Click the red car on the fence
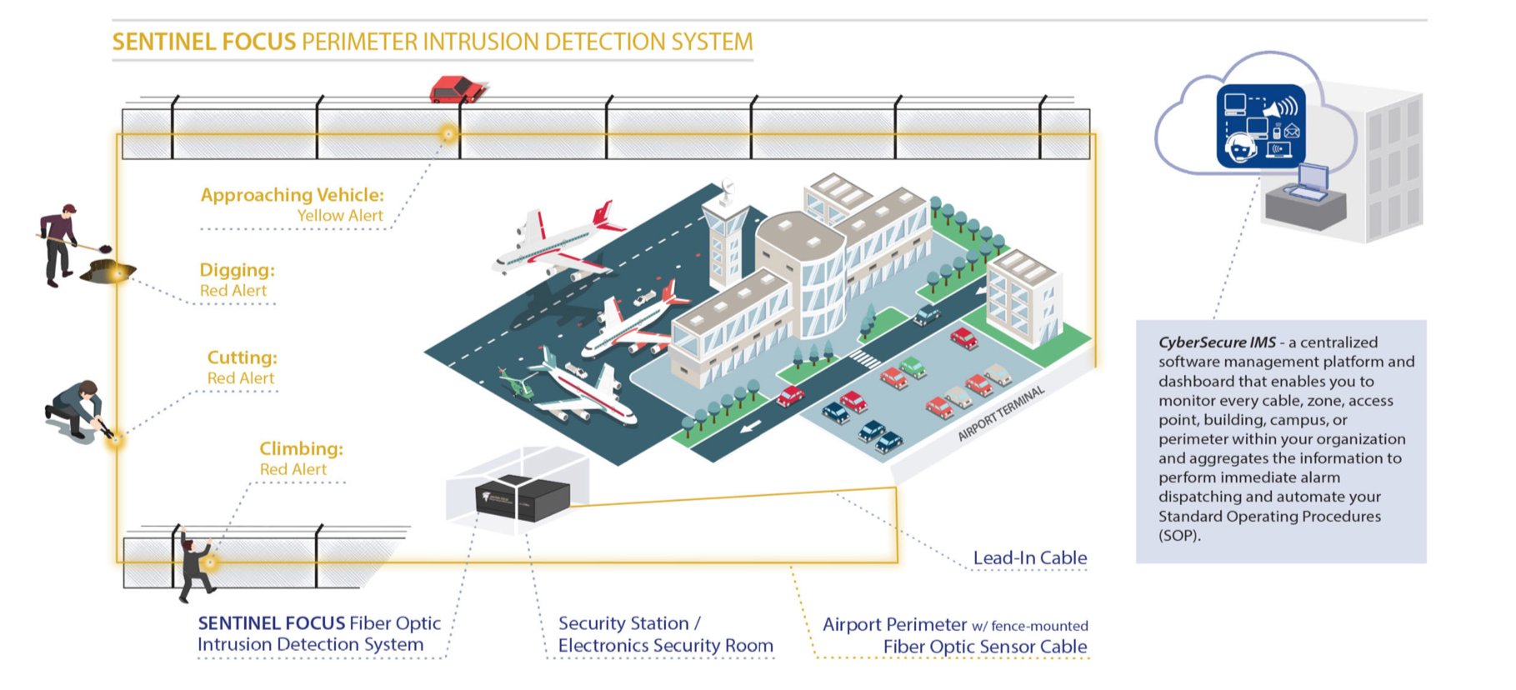[x=456, y=88]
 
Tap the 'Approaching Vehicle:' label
[x=292, y=195]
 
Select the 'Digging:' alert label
[x=237, y=270]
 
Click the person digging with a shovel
[x=61, y=243]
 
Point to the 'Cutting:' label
[x=242, y=357]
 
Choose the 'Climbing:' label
[x=301, y=449]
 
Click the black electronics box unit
[x=522, y=498]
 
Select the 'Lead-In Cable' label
[x=1029, y=557]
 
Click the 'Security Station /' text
[x=628, y=623]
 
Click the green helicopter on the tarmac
[x=517, y=384]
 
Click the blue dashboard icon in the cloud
[x=1260, y=126]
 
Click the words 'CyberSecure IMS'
[x=1216, y=342]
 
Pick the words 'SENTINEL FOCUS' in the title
[x=203, y=42]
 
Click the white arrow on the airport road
[x=750, y=427]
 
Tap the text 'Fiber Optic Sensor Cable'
[x=984, y=647]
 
